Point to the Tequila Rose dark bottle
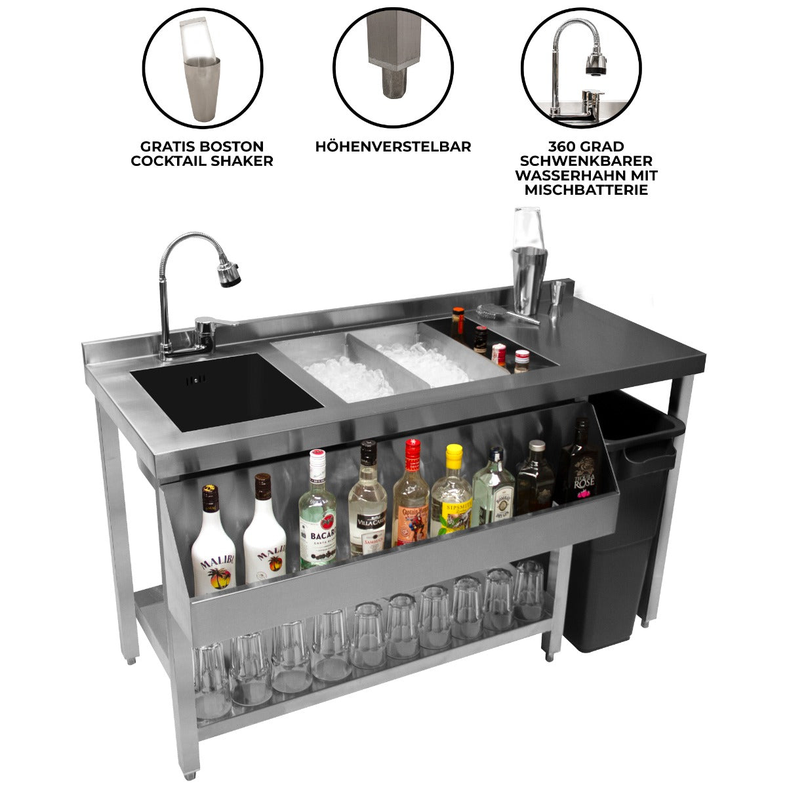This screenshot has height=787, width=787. coord(579,466)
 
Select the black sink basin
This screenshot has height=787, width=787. coord(226,390)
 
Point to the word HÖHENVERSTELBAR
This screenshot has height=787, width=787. coord(393,147)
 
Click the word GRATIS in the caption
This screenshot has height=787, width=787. coord(165,146)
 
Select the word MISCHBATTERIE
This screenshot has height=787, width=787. coord(586,190)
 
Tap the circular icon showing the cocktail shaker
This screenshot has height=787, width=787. coord(203,68)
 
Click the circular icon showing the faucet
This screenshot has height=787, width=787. coord(582,68)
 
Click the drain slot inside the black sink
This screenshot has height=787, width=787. coord(196,379)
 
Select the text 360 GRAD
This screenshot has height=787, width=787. coord(586,146)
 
